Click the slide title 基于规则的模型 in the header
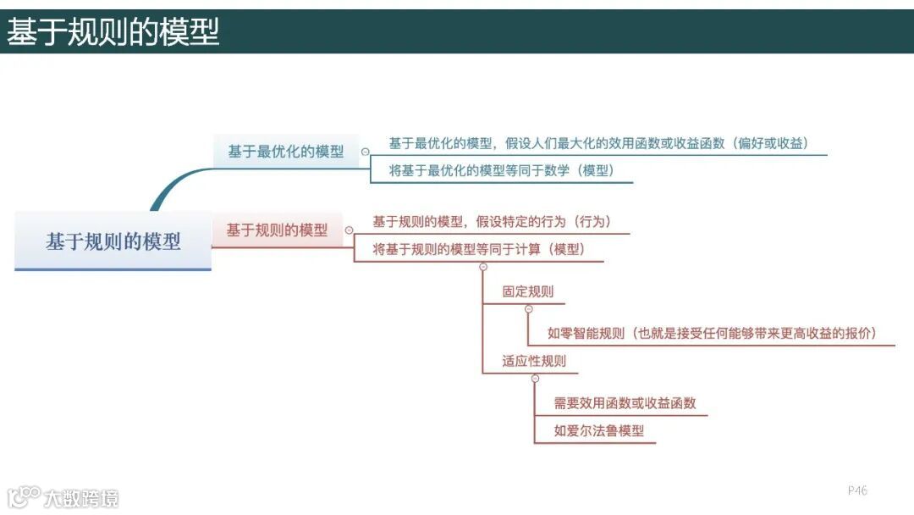[x=113, y=32]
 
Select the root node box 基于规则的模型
[x=113, y=241]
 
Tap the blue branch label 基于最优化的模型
[x=286, y=152]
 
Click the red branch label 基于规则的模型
[x=277, y=230]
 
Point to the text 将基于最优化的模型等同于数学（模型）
[x=501, y=170]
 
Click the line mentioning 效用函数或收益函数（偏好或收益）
[x=598, y=143]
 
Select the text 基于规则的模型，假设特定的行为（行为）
[x=491, y=222]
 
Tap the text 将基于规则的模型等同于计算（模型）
[x=479, y=249]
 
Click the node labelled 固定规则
[x=528, y=291]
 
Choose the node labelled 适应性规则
[x=534, y=361]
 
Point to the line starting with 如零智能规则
[x=711, y=333]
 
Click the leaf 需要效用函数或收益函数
[x=625, y=403]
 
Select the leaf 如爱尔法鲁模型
[x=599, y=430]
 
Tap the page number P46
[x=857, y=490]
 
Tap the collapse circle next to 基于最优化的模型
[x=365, y=152]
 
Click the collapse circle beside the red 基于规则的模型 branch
[x=349, y=230]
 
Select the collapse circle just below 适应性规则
[x=535, y=378]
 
